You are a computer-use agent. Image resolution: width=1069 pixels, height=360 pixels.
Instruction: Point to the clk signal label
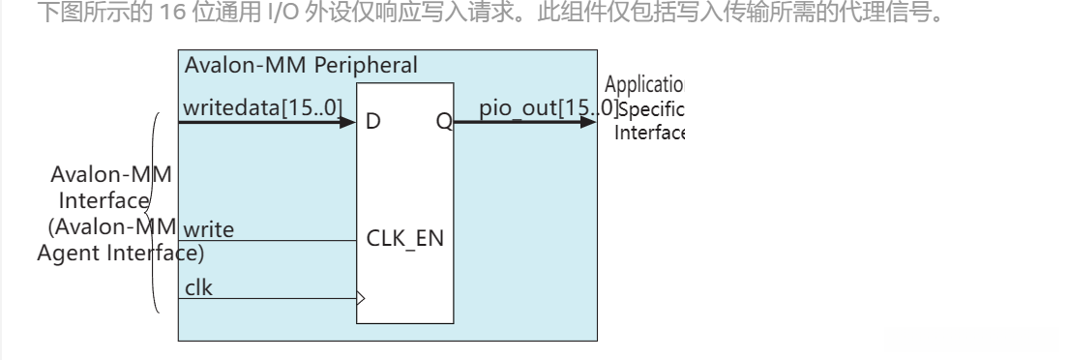[198, 286]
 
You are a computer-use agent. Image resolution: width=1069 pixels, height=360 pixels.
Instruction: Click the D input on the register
[372, 122]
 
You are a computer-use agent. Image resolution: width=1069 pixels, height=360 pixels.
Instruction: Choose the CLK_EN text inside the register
[405, 238]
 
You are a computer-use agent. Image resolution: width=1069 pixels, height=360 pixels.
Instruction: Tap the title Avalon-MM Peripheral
[301, 66]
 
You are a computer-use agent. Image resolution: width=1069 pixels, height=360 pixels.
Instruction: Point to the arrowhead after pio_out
[589, 122]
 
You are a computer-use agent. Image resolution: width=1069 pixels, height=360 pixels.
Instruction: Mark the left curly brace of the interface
[156, 213]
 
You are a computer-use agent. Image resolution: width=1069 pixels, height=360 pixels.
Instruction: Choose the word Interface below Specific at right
[649, 132]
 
